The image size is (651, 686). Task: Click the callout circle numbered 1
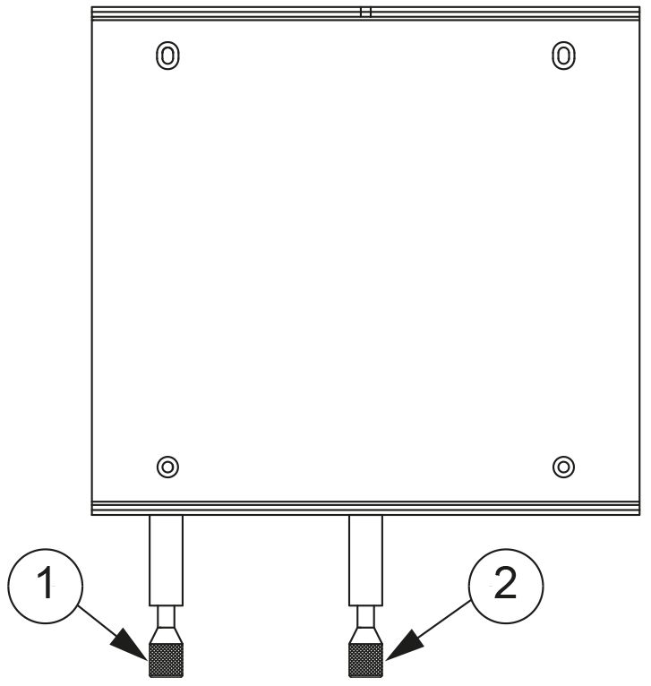[45, 549]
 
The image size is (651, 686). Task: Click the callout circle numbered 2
[506, 549]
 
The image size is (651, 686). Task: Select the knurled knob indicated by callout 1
[167, 660]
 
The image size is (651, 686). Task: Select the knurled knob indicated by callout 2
[365, 660]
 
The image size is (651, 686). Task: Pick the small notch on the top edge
[365, 12]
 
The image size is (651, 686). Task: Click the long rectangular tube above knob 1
[167, 561]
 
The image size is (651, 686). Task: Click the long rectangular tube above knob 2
[365, 561]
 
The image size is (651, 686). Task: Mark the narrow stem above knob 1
[167, 617]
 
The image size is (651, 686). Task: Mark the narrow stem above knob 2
[365, 617]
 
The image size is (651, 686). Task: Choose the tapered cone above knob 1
[167, 636]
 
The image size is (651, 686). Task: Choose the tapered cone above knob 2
[365, 636]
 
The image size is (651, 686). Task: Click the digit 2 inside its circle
[505, 582]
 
